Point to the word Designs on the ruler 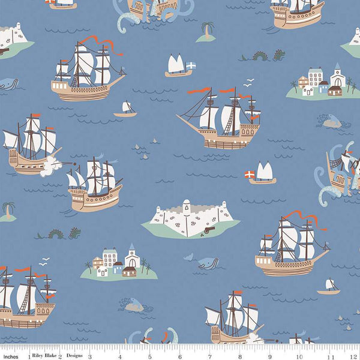(x=74, y=355)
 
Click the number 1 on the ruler (x=28, y=355)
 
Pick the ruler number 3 (x=89, y=355)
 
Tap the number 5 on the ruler (x=149, y=355)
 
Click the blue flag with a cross (x=191, y=64)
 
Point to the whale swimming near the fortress (x=206, y=263)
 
